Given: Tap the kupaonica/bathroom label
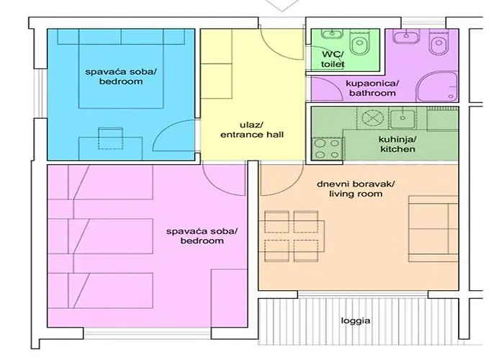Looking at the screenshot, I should click(371, 89).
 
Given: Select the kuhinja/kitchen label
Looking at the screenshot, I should click(397, 144).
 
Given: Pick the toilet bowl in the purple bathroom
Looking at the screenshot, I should click(436, 47).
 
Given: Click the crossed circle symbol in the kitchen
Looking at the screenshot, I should click(372, 118).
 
